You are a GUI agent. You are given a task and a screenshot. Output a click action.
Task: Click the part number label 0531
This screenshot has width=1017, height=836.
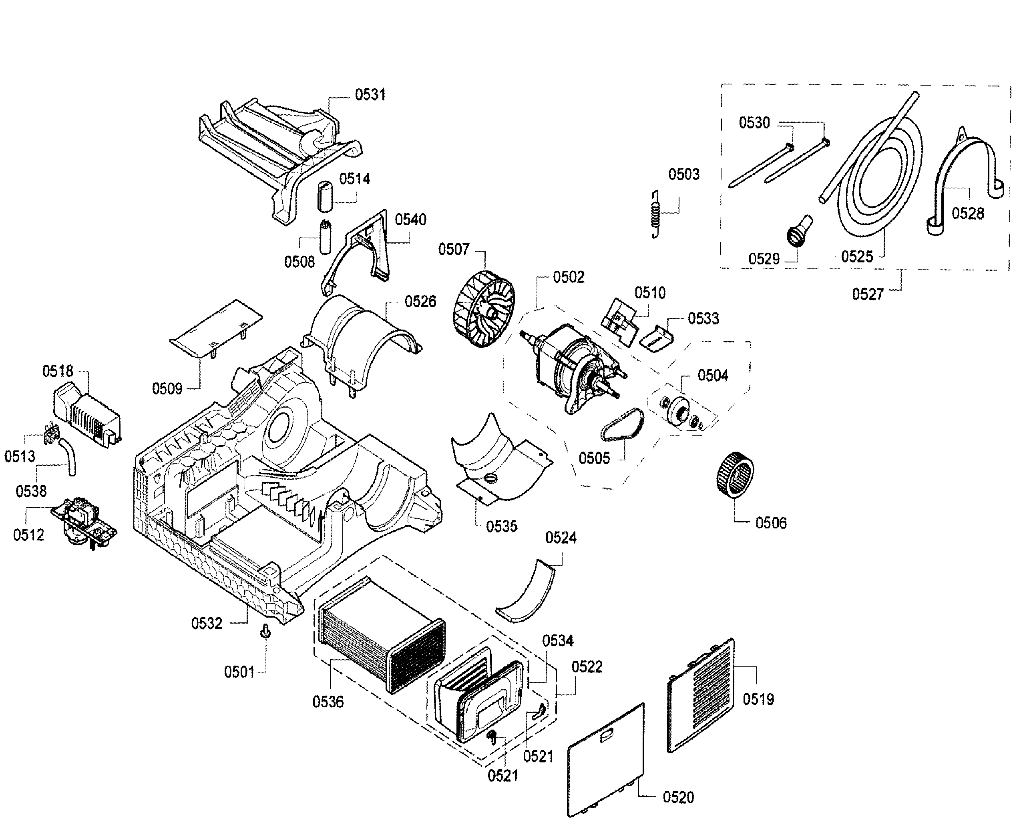370,95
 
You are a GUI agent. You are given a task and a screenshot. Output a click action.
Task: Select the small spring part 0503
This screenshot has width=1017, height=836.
655,214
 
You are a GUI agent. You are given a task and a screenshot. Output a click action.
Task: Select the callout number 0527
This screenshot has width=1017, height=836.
868,294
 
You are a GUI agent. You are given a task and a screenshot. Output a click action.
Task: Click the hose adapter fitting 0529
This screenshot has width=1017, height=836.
799,231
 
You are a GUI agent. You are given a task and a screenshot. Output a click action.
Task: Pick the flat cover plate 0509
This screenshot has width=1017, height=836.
215,328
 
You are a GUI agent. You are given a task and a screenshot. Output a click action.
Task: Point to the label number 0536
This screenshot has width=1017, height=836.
328,702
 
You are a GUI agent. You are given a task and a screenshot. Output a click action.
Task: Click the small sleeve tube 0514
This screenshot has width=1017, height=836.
325,196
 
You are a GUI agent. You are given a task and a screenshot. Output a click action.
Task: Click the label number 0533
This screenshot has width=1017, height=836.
703,318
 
